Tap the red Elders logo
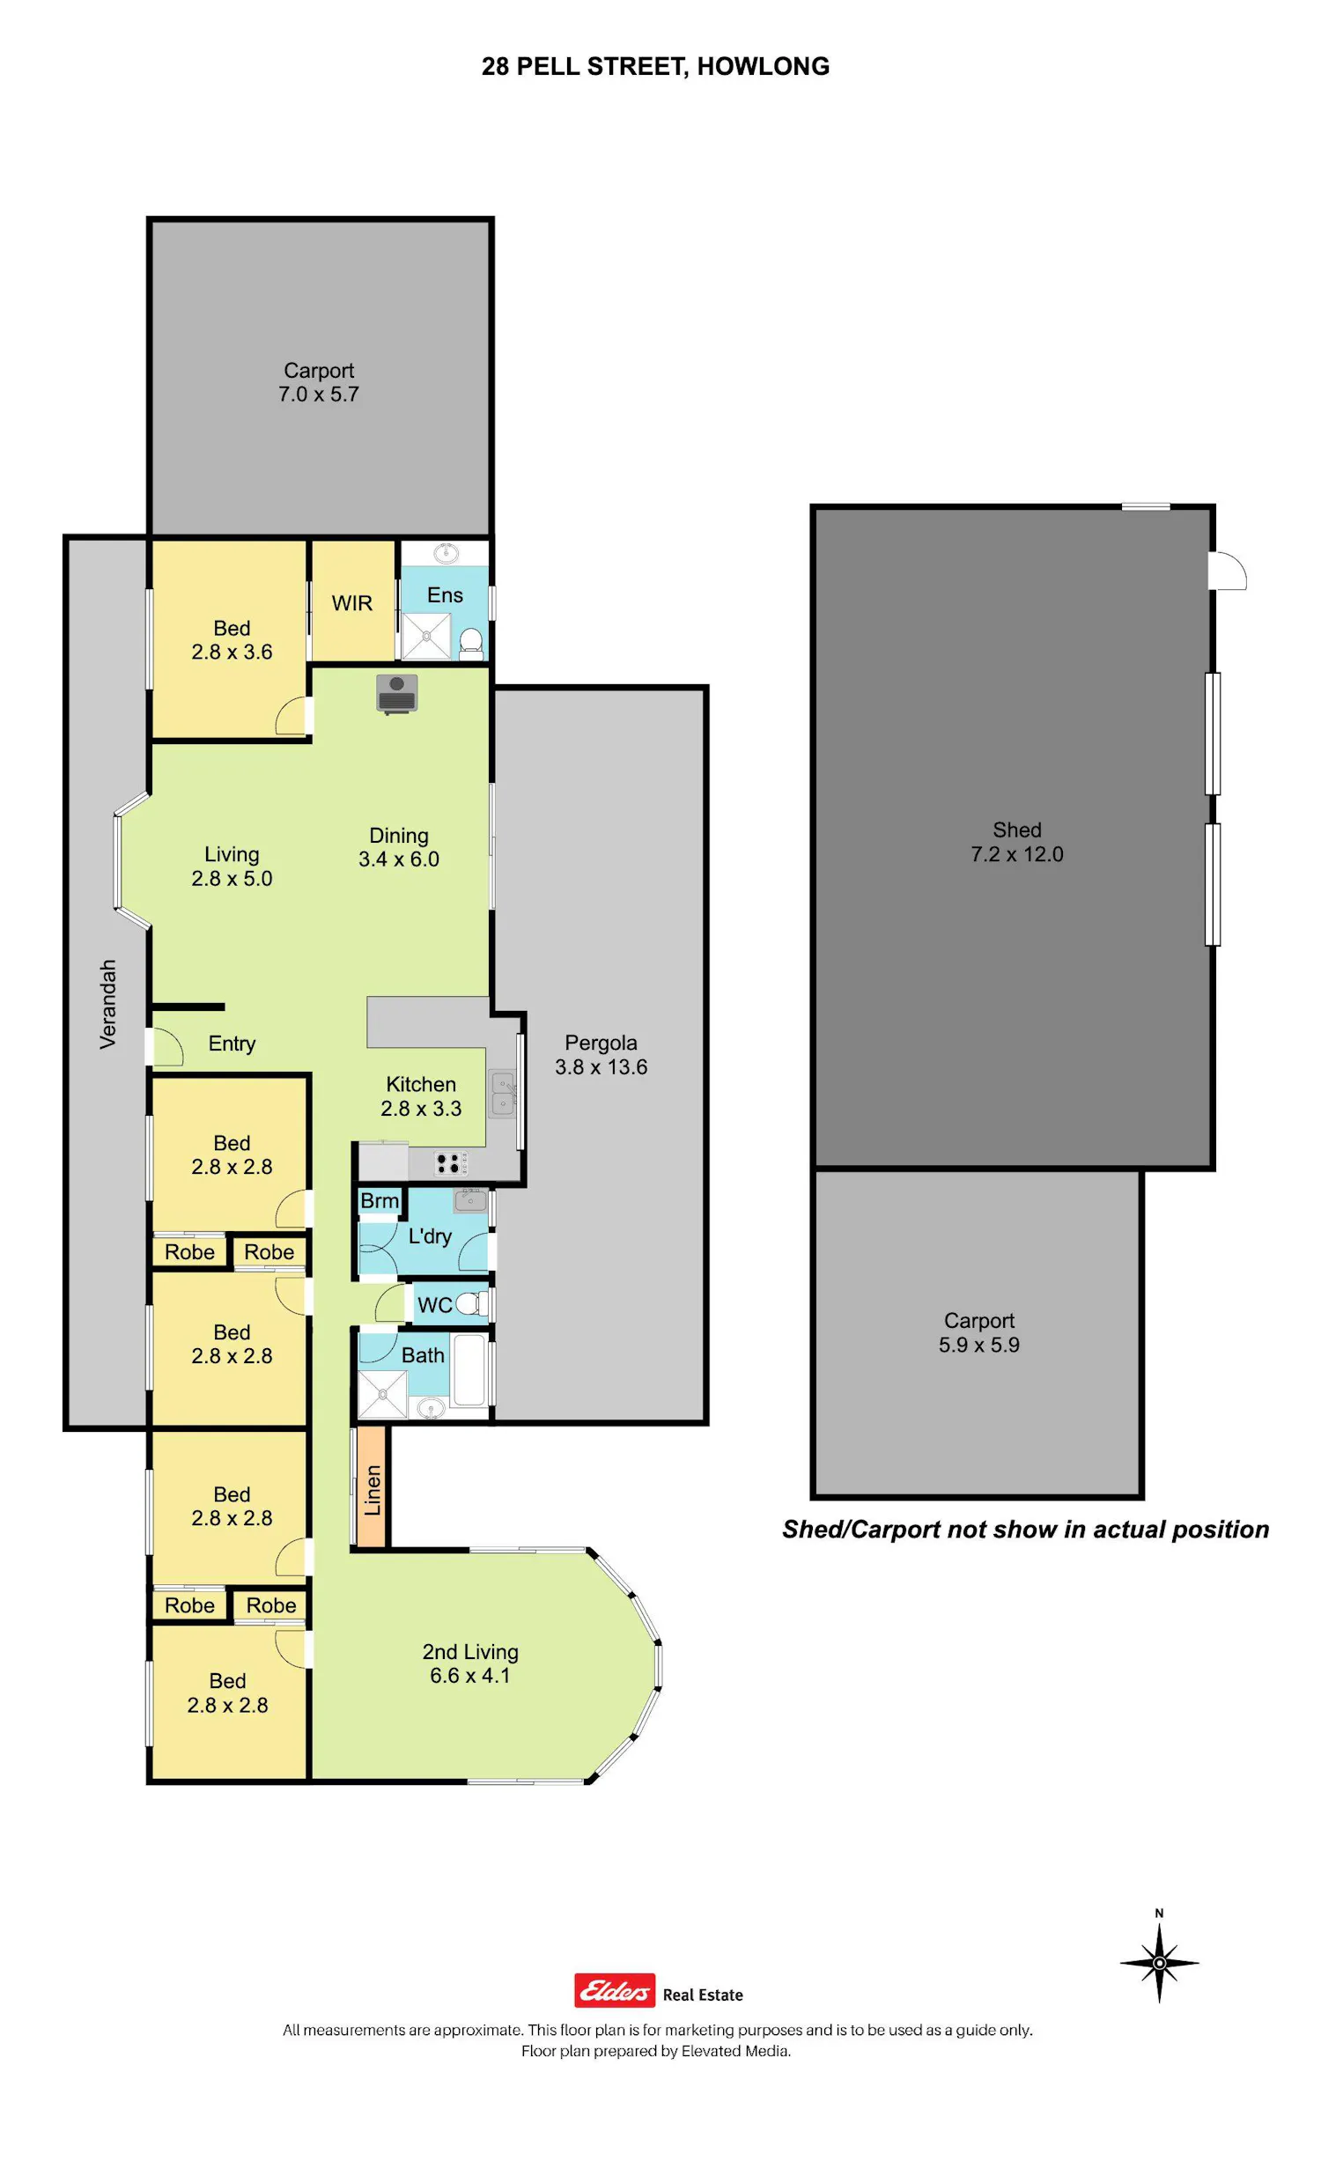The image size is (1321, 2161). click(x=614, y=1990)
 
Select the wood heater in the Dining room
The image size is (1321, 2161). click(x=396, y=694)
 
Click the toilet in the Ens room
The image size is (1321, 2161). click(x=472, y=643)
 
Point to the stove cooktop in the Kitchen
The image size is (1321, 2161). click(x=448, y=1163)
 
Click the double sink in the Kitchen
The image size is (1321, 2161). click(x=502, y=1094)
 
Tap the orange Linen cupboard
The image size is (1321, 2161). click(x=372, y=1487)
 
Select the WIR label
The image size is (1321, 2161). click(x=352, y=603)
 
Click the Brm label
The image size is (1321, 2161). click(x=380, y=1201)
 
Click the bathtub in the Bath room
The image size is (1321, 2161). click(x=469, y=1370)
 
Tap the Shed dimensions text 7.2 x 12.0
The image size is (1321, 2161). click(x=1017, y=854)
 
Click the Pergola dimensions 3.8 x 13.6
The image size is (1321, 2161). click(x=601, y=1067)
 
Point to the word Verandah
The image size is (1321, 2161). click(x=107, y=1004)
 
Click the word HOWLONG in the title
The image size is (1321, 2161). click(x=764, y=67)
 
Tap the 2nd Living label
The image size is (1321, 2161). click(x=470, y=1652)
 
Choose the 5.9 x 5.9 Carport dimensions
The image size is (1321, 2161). click(x=979, y=1345)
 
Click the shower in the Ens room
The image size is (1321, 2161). click(x=426, y=637)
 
